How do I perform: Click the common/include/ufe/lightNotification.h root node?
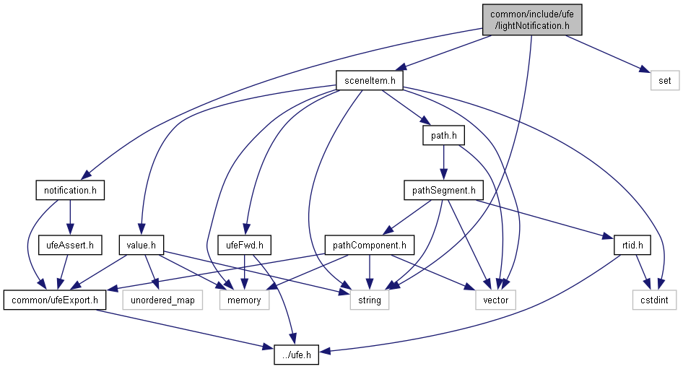[530, 19]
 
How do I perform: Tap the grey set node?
[665, 79]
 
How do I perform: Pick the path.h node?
[443, 135]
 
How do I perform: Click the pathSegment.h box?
[442, 191]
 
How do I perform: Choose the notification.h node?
[70, 191]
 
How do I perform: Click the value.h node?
[142, 246]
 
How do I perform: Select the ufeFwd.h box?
[244, 246]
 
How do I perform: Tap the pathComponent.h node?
[370, 246]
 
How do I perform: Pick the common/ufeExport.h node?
[54, 300]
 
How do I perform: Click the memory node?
[244, 300]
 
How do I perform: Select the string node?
[370, 300]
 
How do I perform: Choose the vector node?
[496, 300]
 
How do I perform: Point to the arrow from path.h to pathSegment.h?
[443, 162]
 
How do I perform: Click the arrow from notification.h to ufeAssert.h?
[69, 218]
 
